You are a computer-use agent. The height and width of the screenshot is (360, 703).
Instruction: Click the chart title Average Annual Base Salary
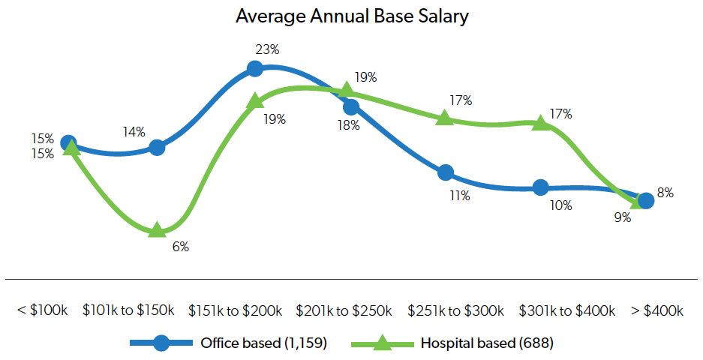[x=351, y=16]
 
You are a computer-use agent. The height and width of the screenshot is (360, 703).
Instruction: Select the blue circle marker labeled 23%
[x=255, y=69]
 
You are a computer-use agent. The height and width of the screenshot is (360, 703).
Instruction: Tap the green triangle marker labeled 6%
[x=157, y=229]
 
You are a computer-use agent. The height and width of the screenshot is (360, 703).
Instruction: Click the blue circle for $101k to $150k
[x=157, y=147]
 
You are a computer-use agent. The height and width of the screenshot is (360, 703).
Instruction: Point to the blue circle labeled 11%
[x=446, y=172]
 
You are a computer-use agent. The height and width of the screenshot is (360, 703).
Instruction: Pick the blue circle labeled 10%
[x=540, y=187]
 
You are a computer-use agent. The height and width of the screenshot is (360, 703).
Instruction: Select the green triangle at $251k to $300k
[x=445, y=118]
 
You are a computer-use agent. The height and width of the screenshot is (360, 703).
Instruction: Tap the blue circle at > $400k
[x=645, y=200]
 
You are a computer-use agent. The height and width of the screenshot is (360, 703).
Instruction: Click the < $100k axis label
[x=42, y=310]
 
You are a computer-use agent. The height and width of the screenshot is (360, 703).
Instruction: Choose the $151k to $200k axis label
[x=236, y=310]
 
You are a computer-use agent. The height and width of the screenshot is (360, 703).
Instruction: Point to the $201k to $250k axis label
[x=344, y=310]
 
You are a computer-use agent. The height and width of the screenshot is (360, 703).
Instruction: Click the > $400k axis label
[x=658, y=310]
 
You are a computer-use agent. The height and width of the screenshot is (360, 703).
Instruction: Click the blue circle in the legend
[x=161, y=343]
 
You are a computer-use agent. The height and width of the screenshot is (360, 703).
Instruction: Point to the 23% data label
[x=268, y=50]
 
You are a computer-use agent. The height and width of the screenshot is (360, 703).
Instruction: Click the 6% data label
[x=180, y=247]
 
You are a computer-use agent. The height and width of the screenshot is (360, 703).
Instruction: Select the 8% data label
[x=665, y=193]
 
